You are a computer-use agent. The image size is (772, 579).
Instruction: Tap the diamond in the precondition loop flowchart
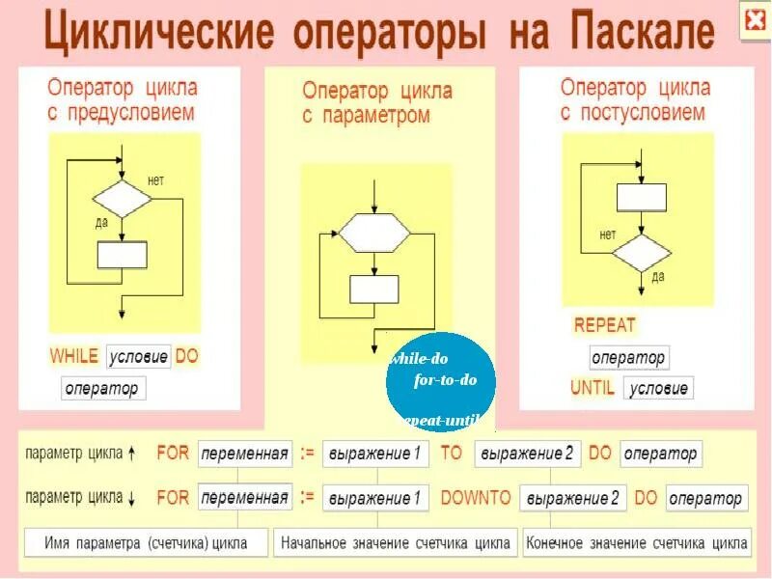(123, 199)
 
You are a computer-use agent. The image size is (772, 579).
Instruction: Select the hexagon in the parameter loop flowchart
(373, 234)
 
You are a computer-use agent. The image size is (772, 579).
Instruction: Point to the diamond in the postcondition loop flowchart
(642, 252)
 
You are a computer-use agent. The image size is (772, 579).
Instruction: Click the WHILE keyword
(74, 356)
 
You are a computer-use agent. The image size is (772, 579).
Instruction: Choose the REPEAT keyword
(605, 325)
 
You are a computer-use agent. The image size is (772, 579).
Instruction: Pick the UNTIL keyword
(593, 388)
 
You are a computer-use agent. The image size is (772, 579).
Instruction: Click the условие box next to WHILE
(138, 356)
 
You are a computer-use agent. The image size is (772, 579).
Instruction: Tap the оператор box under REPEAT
(628, 357)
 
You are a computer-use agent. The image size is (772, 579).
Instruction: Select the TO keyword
(452, 453)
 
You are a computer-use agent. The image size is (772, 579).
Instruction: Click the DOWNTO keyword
(476, 498)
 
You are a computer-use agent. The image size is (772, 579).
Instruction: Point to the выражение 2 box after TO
(527, 453)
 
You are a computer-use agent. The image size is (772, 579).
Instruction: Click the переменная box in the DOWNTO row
(245, 498)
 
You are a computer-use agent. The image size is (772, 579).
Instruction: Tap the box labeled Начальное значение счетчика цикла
(396, 543)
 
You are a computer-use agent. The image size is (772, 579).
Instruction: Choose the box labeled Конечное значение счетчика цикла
(636, 543)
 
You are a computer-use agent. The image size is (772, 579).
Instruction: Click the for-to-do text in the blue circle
(446, 380)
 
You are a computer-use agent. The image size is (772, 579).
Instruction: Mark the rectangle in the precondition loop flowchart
(123, 255)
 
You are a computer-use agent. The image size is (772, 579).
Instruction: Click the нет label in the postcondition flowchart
(608, 234)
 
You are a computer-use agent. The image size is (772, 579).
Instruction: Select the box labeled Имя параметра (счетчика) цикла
(146, 543)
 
